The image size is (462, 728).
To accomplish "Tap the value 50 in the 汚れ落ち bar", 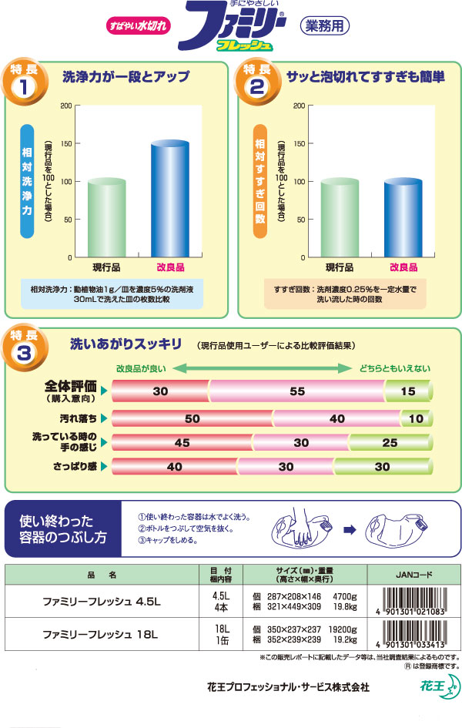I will [x=192, y=418].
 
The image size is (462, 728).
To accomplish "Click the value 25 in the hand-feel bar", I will [x=390, y=443].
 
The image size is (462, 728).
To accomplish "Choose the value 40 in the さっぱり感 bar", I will [x=174, y=467].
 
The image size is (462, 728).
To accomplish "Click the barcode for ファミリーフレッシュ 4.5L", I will [x=413, y=602].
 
